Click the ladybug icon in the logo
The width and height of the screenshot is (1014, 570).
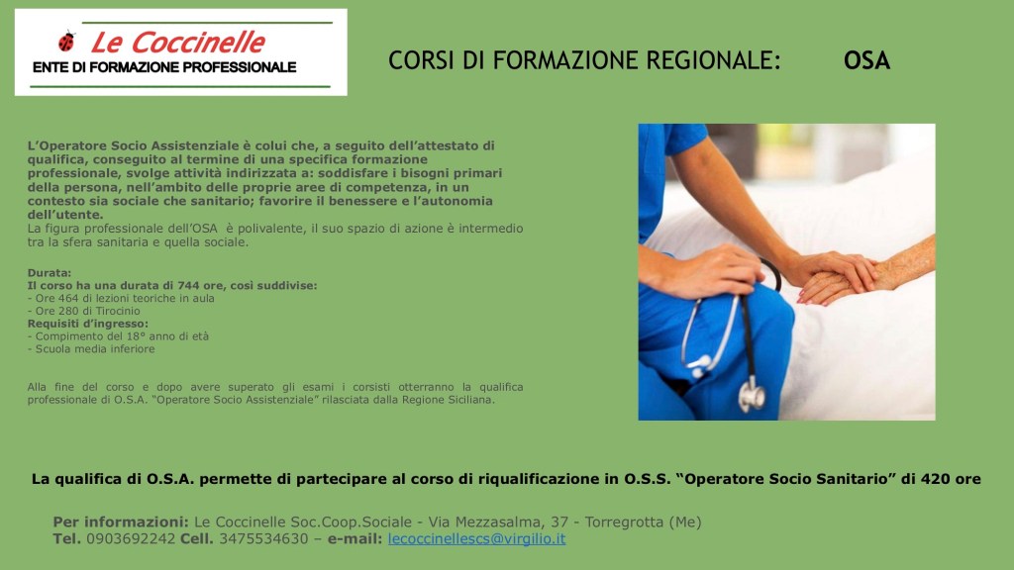coord(66,42)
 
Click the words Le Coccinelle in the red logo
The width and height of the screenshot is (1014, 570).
coord(178,43)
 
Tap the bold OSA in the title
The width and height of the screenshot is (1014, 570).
coord(866,60)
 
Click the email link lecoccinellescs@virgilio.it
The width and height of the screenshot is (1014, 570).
coord(476,538)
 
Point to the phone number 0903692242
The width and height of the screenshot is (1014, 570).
coord(131,538)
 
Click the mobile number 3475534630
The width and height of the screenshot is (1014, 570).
coord(263,538)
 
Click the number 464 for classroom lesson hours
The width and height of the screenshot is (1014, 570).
coord(68,299)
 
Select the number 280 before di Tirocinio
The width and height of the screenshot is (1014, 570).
coord(68,311)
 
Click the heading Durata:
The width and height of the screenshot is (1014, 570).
coord(50,273)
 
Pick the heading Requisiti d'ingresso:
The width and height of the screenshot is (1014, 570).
coord(88,324)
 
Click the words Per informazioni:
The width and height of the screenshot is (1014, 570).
coord(121,522)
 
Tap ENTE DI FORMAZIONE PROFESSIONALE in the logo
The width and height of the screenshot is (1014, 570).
coord(164,67)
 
